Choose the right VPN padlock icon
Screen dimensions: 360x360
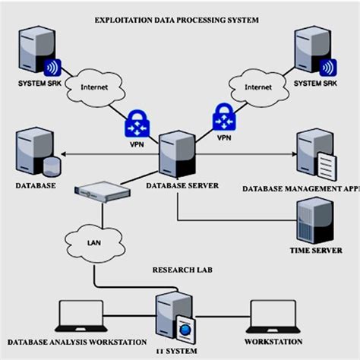coord(223,120)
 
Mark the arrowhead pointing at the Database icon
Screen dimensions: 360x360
coord(62,155)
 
